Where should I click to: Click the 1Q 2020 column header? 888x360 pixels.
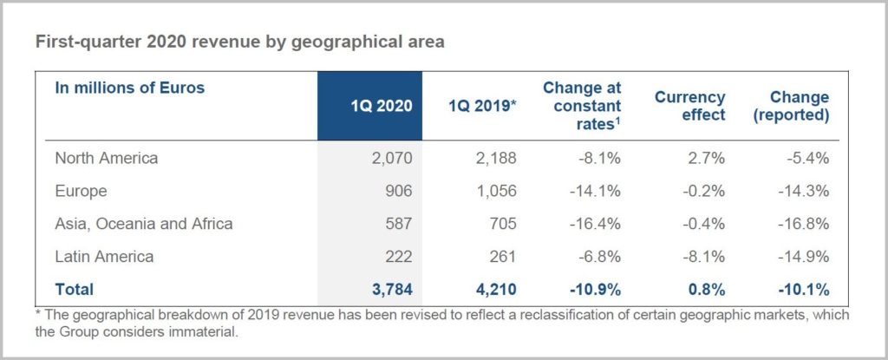point(381,107)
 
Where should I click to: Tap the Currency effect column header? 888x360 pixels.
point(689,106)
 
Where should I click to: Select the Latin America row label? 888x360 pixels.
point(104,256)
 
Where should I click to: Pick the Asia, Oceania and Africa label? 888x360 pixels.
point(144,224)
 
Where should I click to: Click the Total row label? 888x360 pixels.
point(74,289)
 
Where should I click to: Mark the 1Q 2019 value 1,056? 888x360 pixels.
point(496,191)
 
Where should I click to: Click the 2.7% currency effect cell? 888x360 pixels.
point(707,158)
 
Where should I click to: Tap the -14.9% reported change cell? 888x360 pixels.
point(806,256)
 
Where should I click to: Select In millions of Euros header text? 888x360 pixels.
point(129,88)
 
